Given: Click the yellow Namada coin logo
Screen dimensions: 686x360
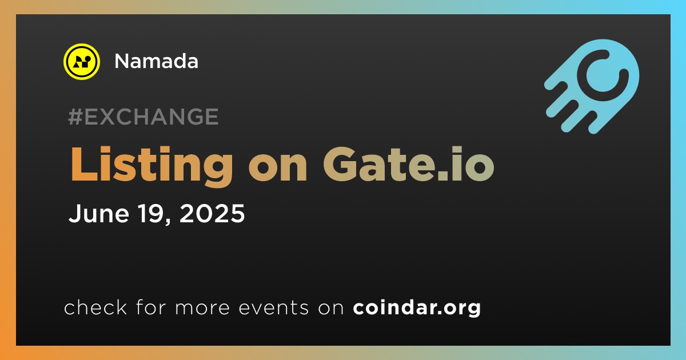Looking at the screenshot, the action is (x=81, y=62).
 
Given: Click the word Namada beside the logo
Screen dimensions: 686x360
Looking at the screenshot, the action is (x=156, y=61).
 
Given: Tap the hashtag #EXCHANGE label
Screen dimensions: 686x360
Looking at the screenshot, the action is (x=143, y=117).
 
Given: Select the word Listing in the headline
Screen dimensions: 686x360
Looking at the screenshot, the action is (x=151, y=165).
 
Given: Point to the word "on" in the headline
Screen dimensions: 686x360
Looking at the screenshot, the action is (x=278, y=168).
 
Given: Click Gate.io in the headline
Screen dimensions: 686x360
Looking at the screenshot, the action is (x=409, y=164).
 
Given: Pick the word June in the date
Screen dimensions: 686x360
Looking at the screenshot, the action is (x=99, y=213).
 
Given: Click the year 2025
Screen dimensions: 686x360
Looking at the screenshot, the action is (x=212, y=213).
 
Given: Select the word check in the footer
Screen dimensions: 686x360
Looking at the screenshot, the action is (x=95, y=307).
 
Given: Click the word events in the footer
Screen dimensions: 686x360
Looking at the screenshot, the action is (x=273, y=307).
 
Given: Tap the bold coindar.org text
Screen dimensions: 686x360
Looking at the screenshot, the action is (x=417, y=308).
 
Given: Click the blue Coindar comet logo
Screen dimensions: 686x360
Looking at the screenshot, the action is (x=592, y=86).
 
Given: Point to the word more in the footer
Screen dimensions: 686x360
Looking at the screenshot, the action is (x=202, y=308).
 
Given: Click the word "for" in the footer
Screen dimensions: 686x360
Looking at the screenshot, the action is (x=151, y=307).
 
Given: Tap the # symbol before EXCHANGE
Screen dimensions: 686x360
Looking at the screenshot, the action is (x=75, y=117).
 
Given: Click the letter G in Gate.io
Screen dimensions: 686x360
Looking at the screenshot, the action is (x=340, y=164).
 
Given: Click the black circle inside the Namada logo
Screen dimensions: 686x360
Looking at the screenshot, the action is (x=87, y=58).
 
